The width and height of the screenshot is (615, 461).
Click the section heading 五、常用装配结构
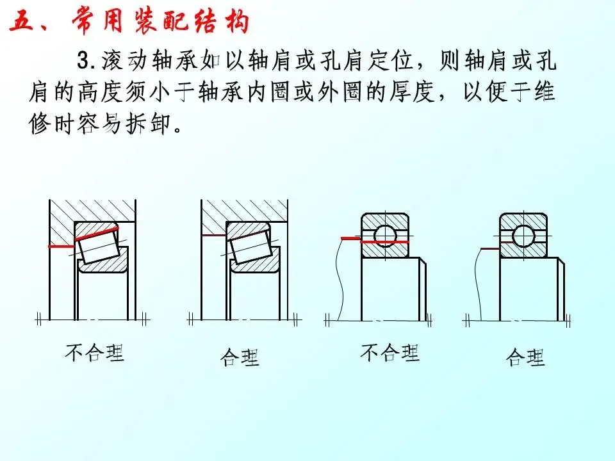pos(129,20)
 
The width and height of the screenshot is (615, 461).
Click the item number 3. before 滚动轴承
pos(86,61)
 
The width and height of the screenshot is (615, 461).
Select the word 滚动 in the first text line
pos(124,61)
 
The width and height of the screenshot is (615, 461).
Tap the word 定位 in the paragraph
pos(391,61)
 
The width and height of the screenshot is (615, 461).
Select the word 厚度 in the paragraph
pos(412,92)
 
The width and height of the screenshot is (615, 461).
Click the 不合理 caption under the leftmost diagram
pos(95,352)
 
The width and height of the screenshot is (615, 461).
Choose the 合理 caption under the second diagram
pos(240,357)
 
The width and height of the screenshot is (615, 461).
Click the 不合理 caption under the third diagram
pos(390,352)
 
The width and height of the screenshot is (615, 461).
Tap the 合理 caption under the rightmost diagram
pos(525,357)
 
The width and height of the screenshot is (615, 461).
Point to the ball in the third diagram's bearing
pos(386,235)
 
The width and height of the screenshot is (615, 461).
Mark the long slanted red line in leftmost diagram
pos(96,234)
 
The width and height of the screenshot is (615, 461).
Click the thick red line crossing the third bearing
pos(384,242)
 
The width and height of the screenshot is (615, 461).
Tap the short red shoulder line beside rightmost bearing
pos(490,248)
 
